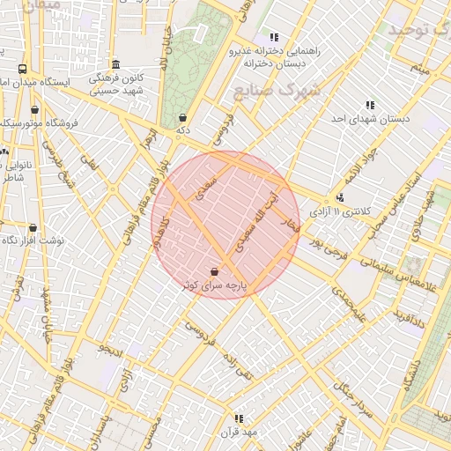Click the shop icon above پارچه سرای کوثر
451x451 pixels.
pos(216,271)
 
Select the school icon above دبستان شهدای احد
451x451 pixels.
pos(369,104)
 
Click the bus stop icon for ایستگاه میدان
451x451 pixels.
pos(22,69)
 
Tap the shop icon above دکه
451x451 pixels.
pos(182,117)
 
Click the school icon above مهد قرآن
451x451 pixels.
pos(238,418)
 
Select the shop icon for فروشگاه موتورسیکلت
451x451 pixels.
pos(35,110)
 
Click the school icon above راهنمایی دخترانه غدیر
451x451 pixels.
pos(274,37)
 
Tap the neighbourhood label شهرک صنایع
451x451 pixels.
pos(275,91)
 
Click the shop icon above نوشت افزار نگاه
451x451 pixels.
pos(33,227)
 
